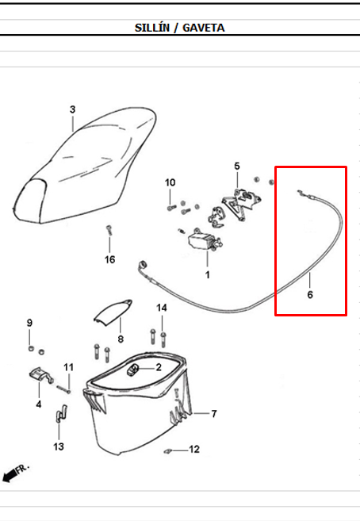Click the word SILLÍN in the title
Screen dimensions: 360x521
click(x=152, y=28)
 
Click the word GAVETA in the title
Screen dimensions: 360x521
click(x=203, y=28)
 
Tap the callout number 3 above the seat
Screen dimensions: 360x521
click(x=72, y=109)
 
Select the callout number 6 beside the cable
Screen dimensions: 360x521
click(x=310, y=294)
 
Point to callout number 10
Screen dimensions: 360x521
click(x=170, y=182)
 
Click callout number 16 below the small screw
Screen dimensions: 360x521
click(x=110, y=259)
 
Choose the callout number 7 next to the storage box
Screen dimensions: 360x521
click(x=214, y=414)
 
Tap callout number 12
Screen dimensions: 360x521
click(x=194, y=449)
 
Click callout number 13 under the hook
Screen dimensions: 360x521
click(x=59, y=446)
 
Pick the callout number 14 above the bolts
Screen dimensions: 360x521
click(x=162, y=308)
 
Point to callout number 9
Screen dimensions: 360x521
click(x=29, y=323)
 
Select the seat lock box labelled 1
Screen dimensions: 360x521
click(x=203, y=241)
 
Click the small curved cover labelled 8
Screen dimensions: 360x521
click(x=113, y=310)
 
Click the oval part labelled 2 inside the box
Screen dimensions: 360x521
click(x=133, y=370)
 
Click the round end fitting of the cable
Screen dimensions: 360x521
click(x=143, y=265)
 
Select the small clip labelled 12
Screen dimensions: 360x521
click(x=168, y=451)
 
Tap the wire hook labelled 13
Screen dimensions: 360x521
click(x=60, y=413)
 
